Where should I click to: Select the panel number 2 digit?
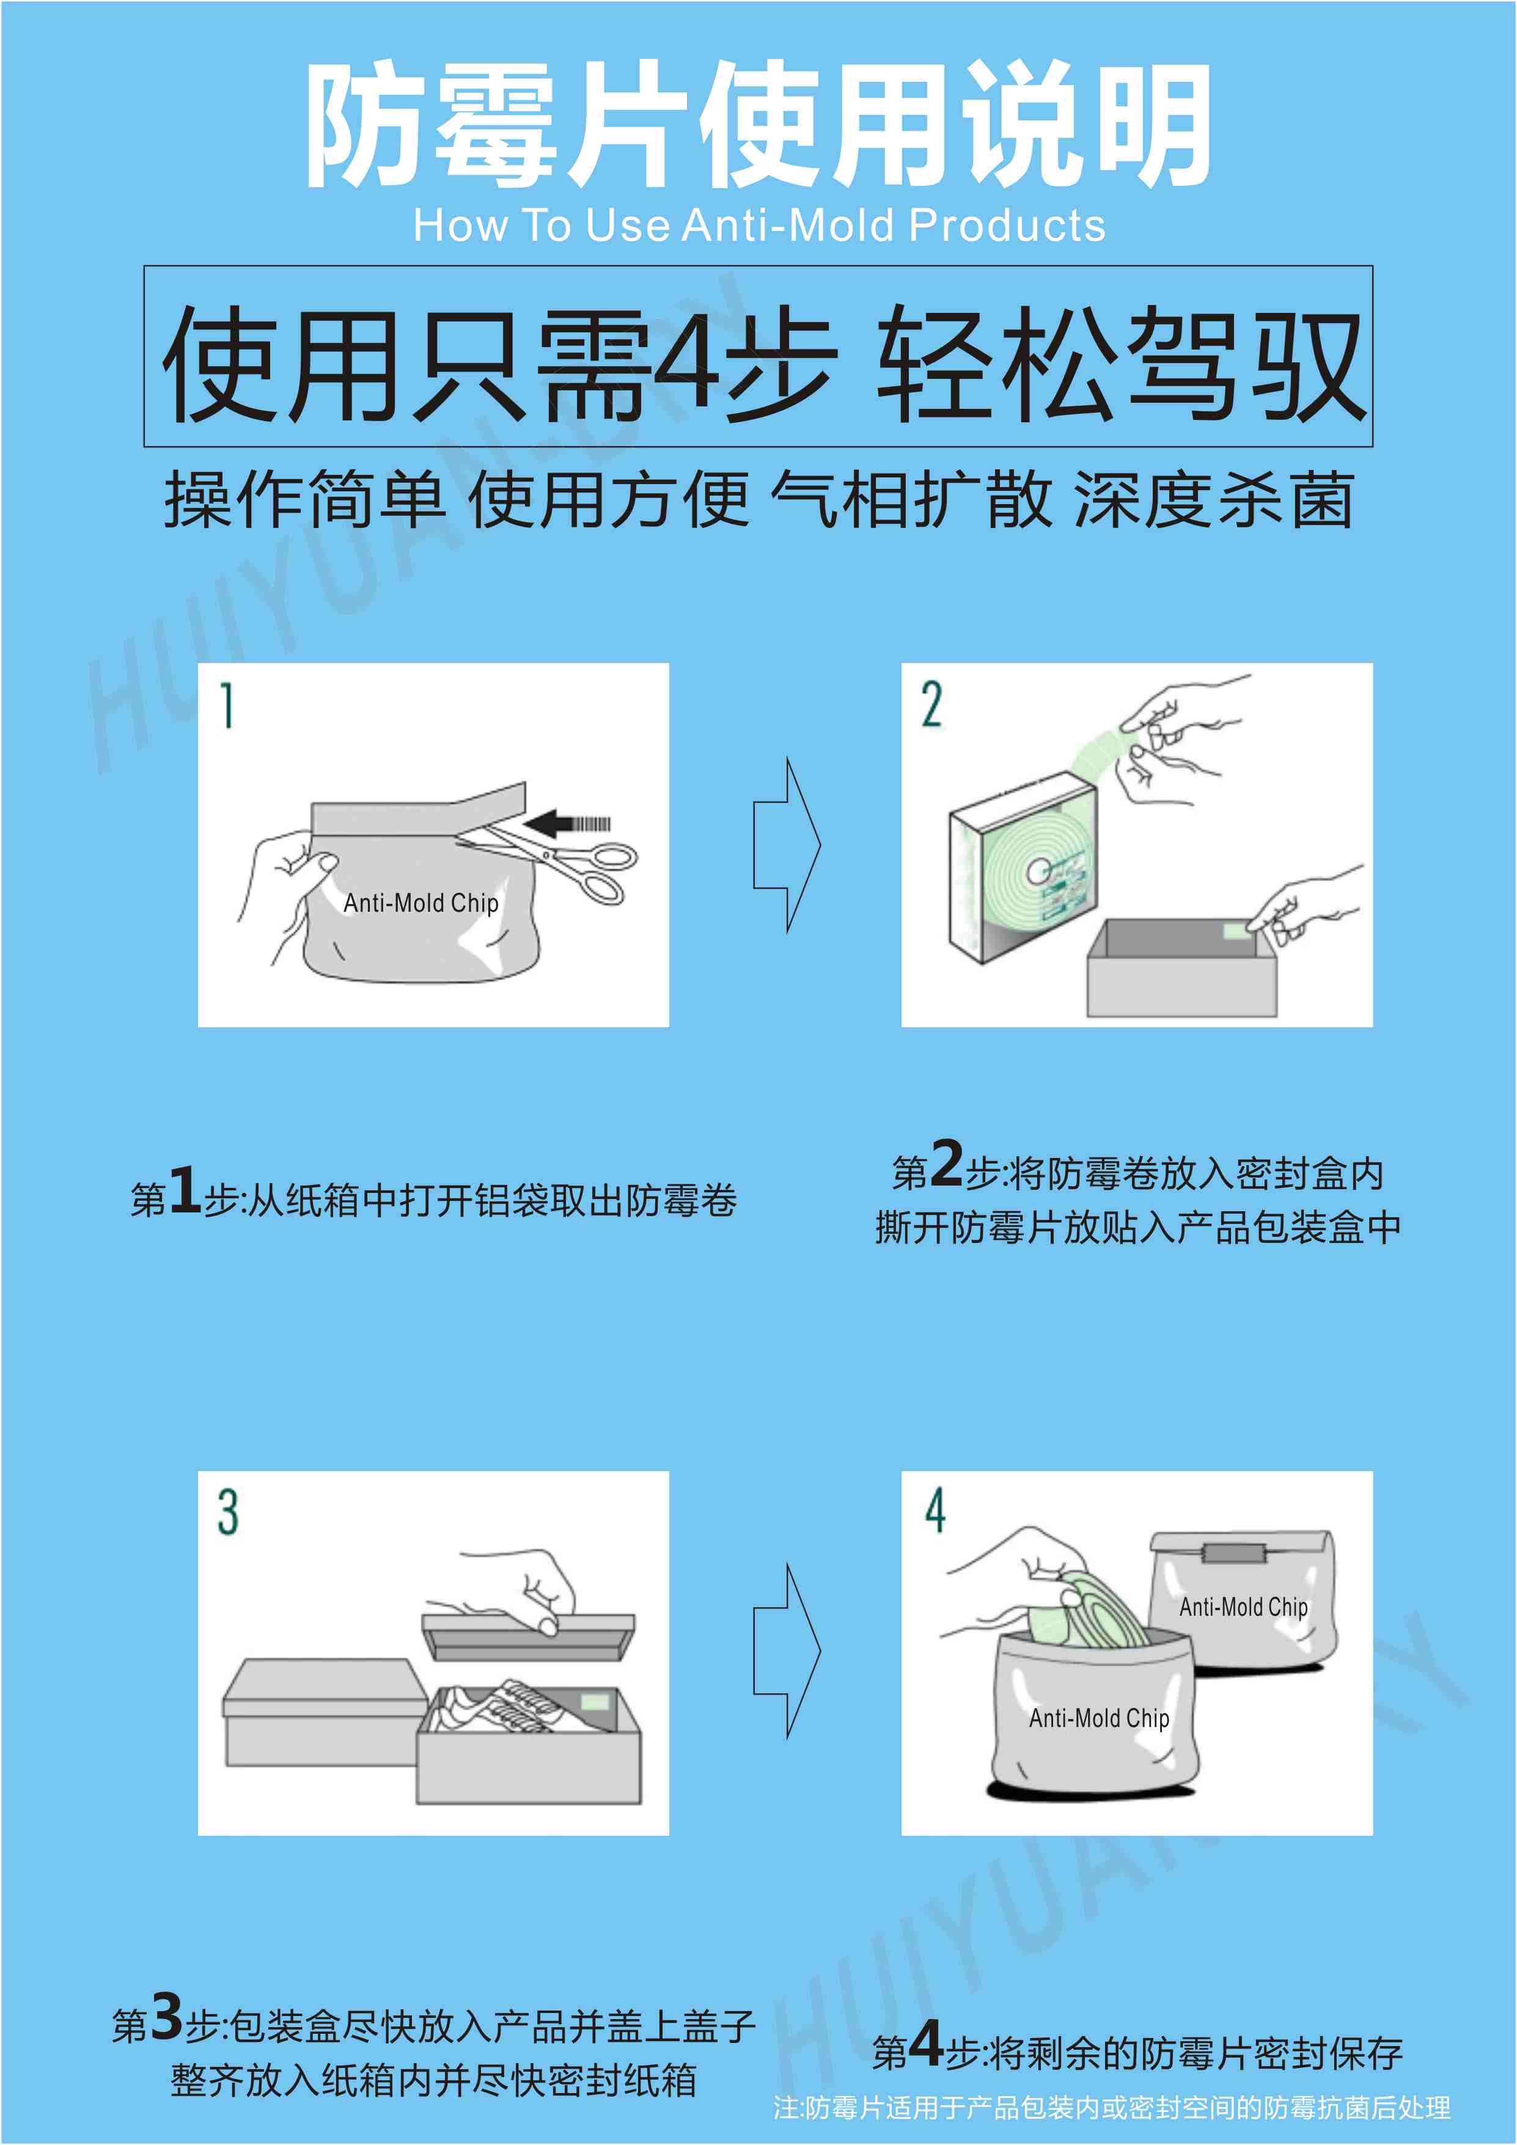(x=931, y=705)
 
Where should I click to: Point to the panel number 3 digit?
(x=228, y=1512)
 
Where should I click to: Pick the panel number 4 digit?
(x=935, y=1509)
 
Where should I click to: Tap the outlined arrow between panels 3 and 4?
(x=787, y=1651)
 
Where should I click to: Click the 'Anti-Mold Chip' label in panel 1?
(x=421, y=903)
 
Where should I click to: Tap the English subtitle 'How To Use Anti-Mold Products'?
(x=760, y=225)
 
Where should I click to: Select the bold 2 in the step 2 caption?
(x=946, y=1163)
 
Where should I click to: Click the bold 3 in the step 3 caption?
(x=166, y=2016)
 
